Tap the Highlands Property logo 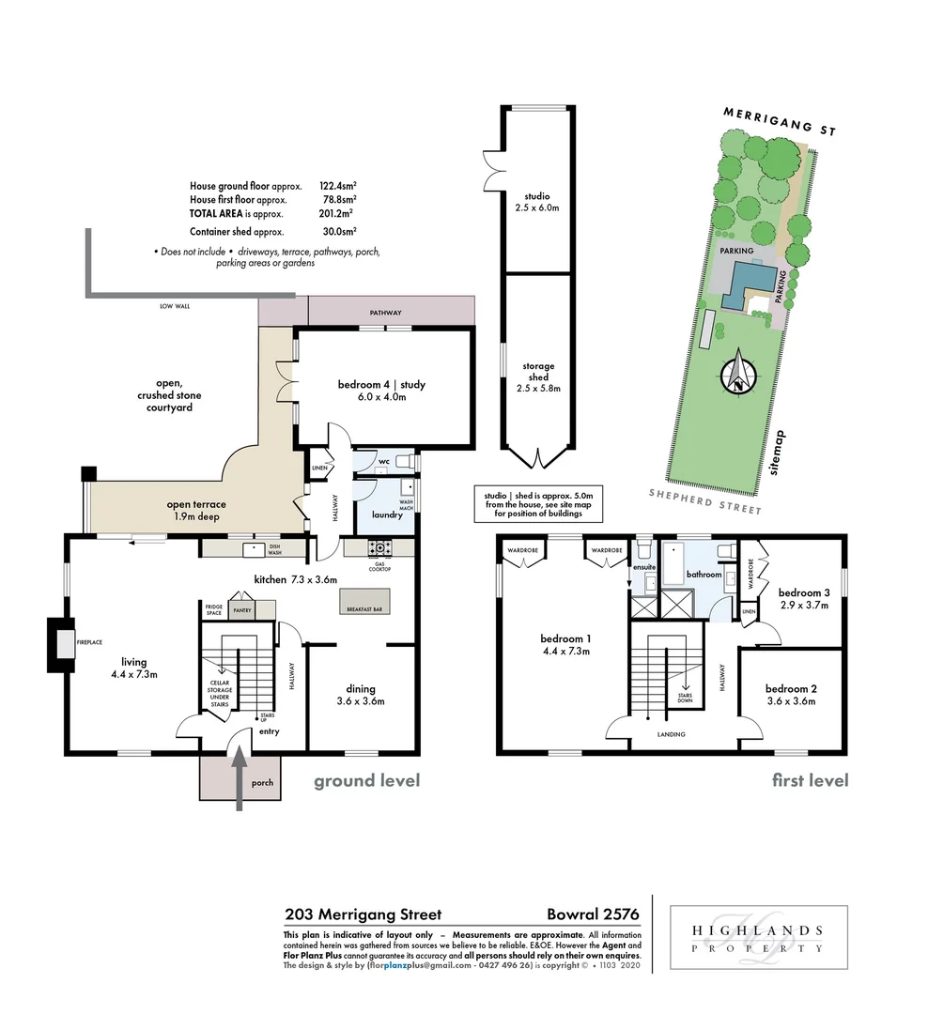click(x=758, y=938)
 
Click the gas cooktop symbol click(x=380, y=547)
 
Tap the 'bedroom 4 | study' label click(x=372, y=391)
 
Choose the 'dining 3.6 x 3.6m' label click(x=361, y=694)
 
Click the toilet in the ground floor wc click(x=401, y=461)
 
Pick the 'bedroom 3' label click(x=804, y=592)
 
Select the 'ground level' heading click(x=366, y=780)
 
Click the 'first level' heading click(x=810, y=780)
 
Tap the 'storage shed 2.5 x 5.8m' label click(x=538, y=376)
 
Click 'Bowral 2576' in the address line click(x=593, y=914)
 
